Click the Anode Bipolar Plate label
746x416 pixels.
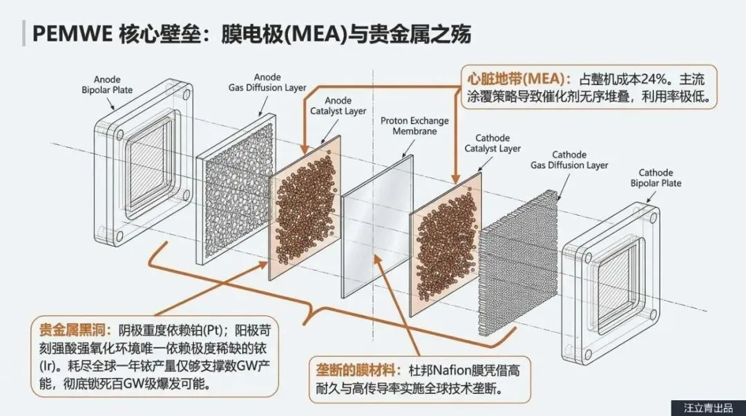(113, 84)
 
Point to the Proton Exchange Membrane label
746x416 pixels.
(414, 126)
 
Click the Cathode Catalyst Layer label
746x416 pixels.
(492, 143)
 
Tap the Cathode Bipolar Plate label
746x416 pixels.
(656, 178)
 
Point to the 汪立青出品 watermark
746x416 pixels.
(707, 408)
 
